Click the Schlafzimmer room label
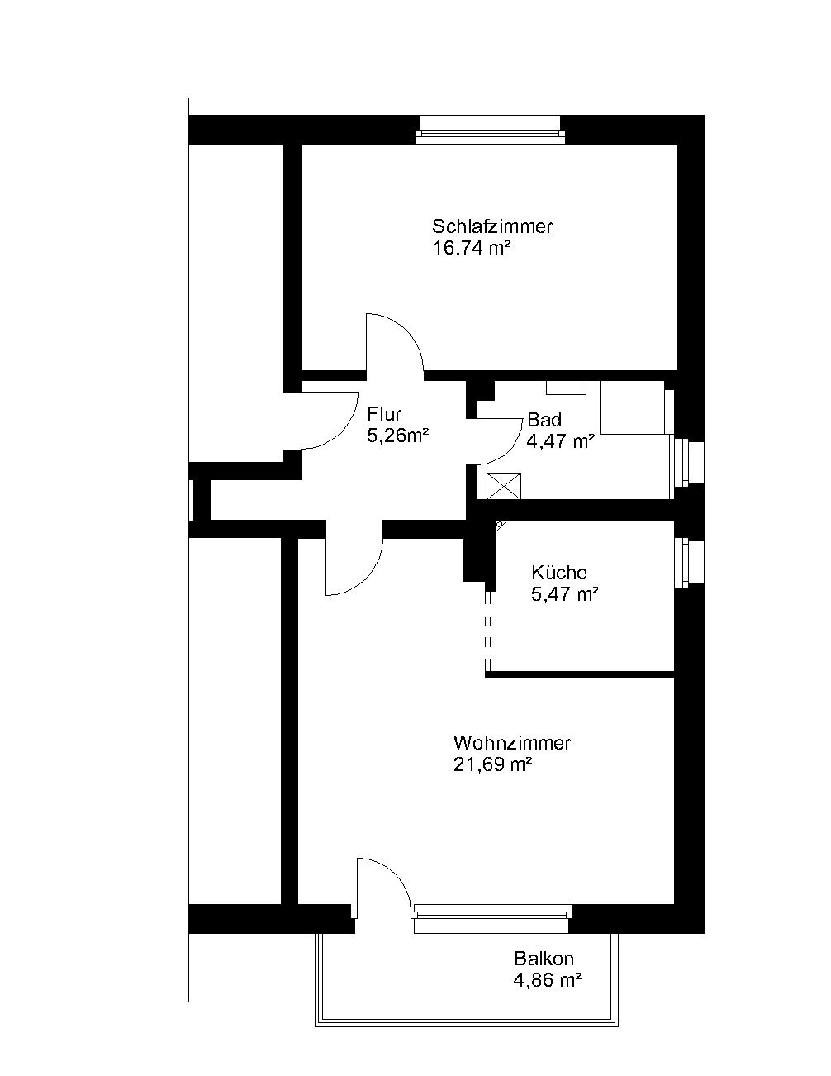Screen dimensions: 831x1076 coord(492,226)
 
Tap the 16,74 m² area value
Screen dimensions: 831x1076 coord(471,248)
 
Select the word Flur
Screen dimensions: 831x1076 coord(384,413)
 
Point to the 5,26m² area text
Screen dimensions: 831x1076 coord(397,436)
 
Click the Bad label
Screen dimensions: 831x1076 coord(544,419)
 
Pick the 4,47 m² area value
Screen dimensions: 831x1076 coord(560,440)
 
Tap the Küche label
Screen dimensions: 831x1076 coord(559,573)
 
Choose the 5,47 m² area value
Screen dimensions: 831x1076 coord(565,593)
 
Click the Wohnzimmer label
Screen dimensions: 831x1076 coord(512,743)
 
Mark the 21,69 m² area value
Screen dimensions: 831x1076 coord(492,764)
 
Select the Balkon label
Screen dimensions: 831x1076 coord(544,959)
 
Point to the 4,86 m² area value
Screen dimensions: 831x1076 coord(547,980)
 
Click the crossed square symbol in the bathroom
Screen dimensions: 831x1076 coord(504,486)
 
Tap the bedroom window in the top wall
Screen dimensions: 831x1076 coord(490,131)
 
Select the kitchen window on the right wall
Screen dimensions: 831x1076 coord(690,563)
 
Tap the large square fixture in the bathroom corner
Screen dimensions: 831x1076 coord(633,407)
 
